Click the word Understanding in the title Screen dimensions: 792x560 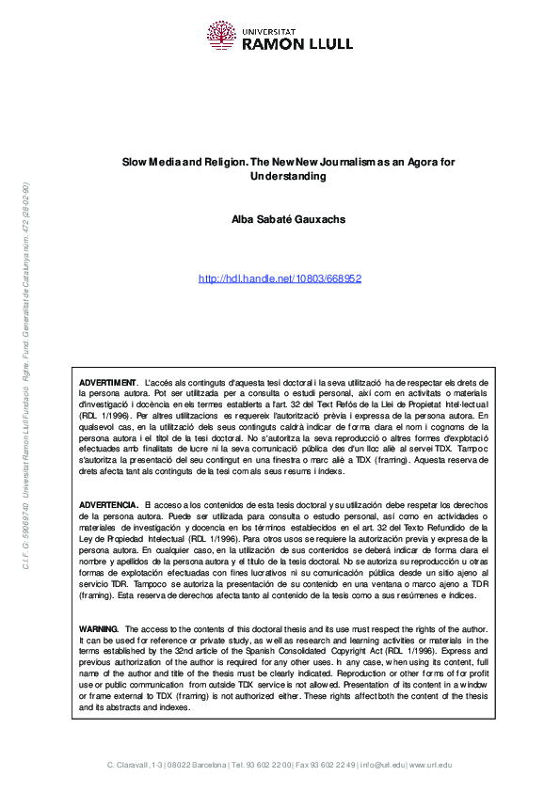[x=280, y=176]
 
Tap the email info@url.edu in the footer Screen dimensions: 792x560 [x=384, y=764]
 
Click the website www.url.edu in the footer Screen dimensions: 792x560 [x=430, y=764]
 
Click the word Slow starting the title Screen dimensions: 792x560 [x=134, y=163]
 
